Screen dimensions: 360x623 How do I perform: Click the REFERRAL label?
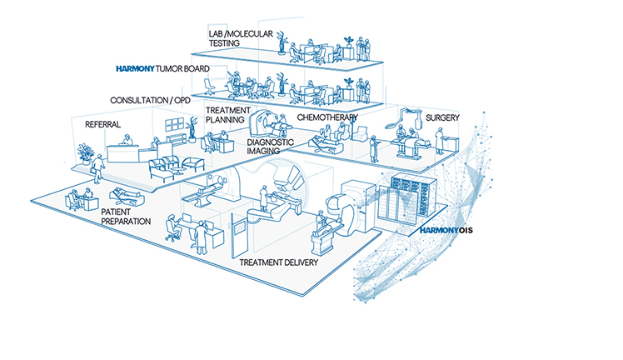tap(102, 125)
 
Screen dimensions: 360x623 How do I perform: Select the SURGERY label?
tap(442, 117)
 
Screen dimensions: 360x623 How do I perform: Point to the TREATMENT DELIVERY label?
tap(278, 262)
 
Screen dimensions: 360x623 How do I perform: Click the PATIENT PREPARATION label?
tap(126, 217)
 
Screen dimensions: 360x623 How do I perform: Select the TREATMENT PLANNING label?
tap(225, 114)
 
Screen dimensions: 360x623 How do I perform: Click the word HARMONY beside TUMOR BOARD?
tap(143, 67)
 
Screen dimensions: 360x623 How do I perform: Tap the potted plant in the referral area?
tap(83, 151)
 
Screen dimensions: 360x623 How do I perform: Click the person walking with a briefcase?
tap(99, 167)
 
